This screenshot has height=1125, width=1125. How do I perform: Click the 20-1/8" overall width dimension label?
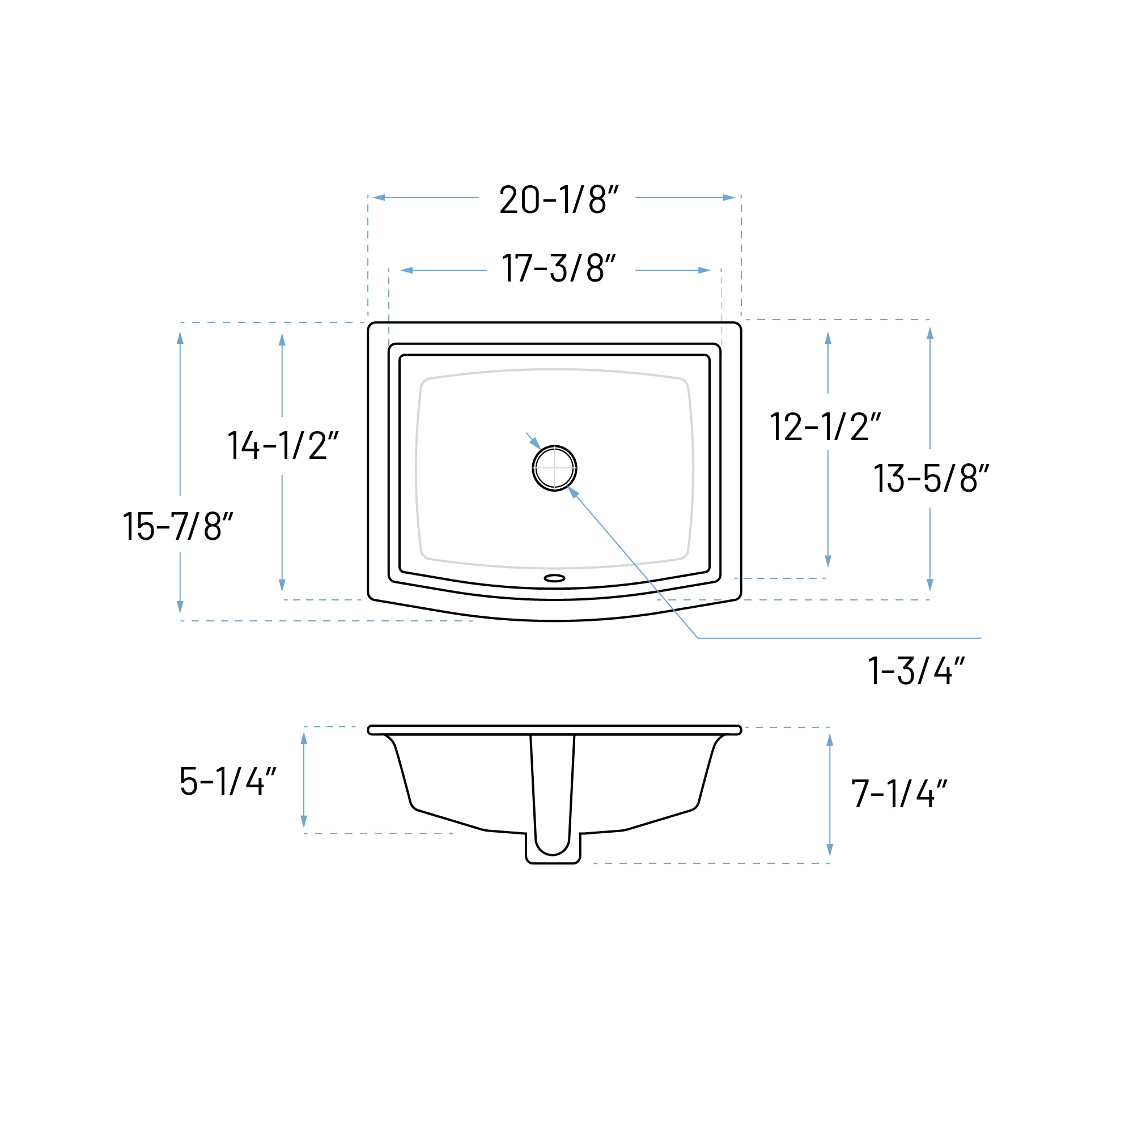558,200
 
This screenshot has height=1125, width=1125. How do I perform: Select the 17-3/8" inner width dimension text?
558,269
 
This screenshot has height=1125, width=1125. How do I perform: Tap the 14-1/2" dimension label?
282,446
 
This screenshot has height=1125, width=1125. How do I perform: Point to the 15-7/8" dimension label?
177,527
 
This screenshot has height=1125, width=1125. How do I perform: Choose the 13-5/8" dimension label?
931,479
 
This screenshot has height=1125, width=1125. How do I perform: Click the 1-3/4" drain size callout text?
915,671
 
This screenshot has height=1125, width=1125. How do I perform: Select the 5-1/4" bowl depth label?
227,781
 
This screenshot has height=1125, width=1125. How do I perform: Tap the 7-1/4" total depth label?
898,794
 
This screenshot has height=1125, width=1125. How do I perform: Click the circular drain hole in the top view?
554,468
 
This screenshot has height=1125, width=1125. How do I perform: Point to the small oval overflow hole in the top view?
554,578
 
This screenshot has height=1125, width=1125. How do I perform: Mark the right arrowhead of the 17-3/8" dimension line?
704,270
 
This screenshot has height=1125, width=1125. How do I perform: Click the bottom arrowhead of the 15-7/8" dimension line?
180,607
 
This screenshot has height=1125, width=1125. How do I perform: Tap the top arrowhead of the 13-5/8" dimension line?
929,334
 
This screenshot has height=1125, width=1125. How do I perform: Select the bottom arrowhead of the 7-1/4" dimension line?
830,850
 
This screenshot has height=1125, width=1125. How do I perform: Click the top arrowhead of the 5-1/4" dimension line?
304,739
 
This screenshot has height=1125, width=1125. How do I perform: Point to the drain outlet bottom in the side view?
553,861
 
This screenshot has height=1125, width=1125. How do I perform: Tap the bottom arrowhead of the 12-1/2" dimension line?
827,561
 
